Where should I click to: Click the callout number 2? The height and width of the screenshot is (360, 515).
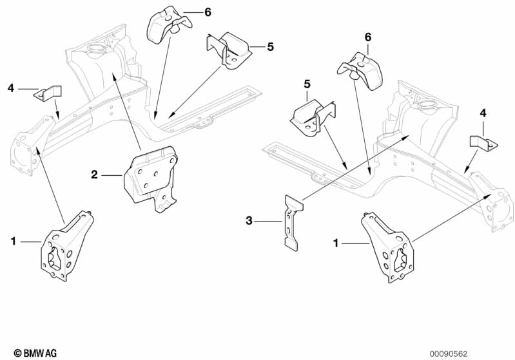[94, 175]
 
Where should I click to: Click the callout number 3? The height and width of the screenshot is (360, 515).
[249, 220]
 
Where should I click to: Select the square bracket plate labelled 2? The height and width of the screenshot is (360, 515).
[151, 178]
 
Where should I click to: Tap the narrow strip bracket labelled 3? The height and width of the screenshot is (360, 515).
[293, 223]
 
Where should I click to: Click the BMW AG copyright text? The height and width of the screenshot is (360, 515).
[35, 353]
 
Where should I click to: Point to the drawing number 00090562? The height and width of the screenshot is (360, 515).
[449, 354]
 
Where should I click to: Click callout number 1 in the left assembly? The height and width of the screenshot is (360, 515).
[13, 242]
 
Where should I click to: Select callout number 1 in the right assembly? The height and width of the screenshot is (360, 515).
[335, 243]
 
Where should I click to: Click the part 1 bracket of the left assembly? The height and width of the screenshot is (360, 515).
[66, 246]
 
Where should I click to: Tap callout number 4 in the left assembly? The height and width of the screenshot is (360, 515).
[11, 88]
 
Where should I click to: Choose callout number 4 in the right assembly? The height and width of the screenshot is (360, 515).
[483, 113]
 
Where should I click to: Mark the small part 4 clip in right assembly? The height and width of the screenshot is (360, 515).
[484, 144]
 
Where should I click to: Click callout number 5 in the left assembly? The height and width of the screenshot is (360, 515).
[270, 47]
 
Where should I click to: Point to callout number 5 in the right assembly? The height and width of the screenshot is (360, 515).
[307, 84]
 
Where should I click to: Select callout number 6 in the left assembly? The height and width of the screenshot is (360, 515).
[208, 12]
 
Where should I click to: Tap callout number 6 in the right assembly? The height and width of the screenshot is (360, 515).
[368, 37]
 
